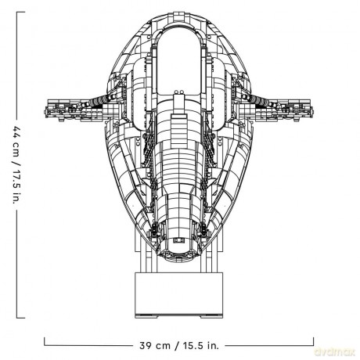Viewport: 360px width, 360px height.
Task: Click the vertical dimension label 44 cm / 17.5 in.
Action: coord(16,165)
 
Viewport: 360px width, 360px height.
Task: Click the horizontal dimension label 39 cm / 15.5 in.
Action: coord(179,346)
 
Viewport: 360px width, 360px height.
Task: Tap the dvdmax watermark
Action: coord(335,352)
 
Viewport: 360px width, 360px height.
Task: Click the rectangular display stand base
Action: coord(179,295)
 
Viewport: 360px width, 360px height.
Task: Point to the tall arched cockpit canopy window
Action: coord(179,61)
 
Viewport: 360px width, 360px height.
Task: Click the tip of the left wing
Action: coord(45,112)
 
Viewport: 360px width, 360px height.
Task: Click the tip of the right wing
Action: coord(313,112)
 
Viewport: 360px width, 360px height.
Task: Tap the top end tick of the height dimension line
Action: coord(21,12)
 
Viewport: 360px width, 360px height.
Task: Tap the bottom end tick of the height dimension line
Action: coord(21,318)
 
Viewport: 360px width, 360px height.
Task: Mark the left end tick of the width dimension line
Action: coord(45,341)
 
